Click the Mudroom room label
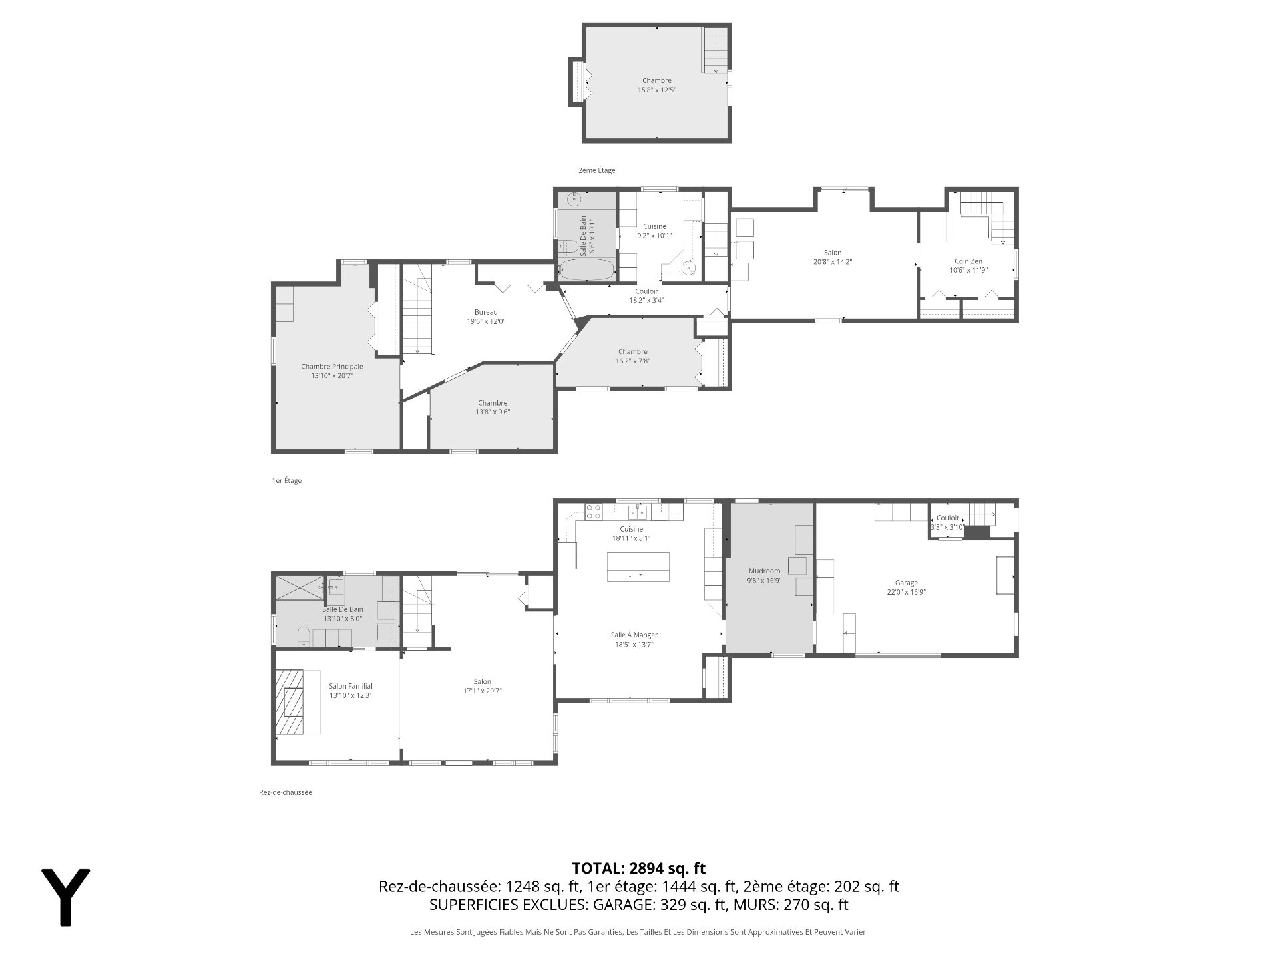[x=764, y=571]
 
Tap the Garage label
[x=906, y=583]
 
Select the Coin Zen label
[x=968, y=261]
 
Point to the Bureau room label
[x=486, y=312]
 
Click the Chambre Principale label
[x=332, y=366]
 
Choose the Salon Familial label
[x=351, y=686]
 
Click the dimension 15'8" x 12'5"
[x=656, y=90]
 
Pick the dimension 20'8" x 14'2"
[x=833, y=262]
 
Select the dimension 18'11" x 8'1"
[x=631, y=538]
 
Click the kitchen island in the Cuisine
[x=638, y=567]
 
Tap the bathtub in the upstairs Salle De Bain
[x=586, y=270]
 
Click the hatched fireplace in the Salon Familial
[x=290, y=701]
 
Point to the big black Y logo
[x=65, y=897]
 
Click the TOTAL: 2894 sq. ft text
[x=639, y=868]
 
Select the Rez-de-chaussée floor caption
[x=286, y=792]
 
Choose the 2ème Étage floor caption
[x=597, y=170]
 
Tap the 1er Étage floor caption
[x=287, y=480]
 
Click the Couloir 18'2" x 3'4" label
[x=646, y=295]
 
